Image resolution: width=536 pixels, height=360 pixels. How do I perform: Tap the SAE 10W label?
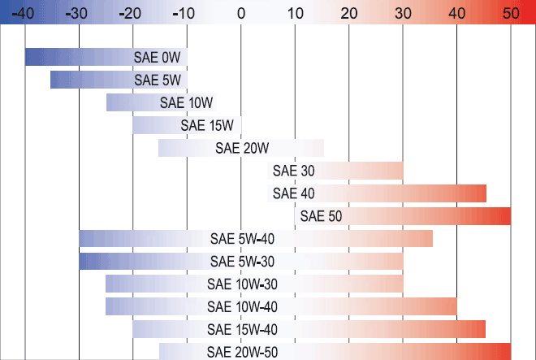pyautogui.click(x=187, y=102)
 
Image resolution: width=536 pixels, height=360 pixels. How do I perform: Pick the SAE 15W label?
pyautogui.click(x=207, y=125)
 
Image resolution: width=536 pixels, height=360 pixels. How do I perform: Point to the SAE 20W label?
pyautogui.click(x=242, y=148)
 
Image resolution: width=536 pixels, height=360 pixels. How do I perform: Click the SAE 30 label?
pyautogui.click(x=294, y=171)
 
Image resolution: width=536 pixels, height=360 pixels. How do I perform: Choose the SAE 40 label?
pyautogui.click(x=294, y=193)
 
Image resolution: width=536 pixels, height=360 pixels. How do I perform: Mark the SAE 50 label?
pyautogui.click(x=322, y=216)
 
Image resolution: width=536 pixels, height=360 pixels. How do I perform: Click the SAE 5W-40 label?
pyautogui.click(x=242, y=239)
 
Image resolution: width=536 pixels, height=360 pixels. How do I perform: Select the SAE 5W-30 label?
pyautogui.click(x=242, y=262)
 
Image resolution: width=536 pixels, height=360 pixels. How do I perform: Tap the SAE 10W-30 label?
pyautogui.click(x=242, y=284)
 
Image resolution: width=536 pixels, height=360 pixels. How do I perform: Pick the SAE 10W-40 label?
pyautogui.click(x=242, y=307)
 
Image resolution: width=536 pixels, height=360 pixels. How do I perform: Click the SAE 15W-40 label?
pyautogui.click(x=242, y=330)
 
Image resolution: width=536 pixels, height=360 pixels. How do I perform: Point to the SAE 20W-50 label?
pyautogui.click(x=242, y=352)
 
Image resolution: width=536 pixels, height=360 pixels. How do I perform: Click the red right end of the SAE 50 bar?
pyautogui.click(x=505, y=216)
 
